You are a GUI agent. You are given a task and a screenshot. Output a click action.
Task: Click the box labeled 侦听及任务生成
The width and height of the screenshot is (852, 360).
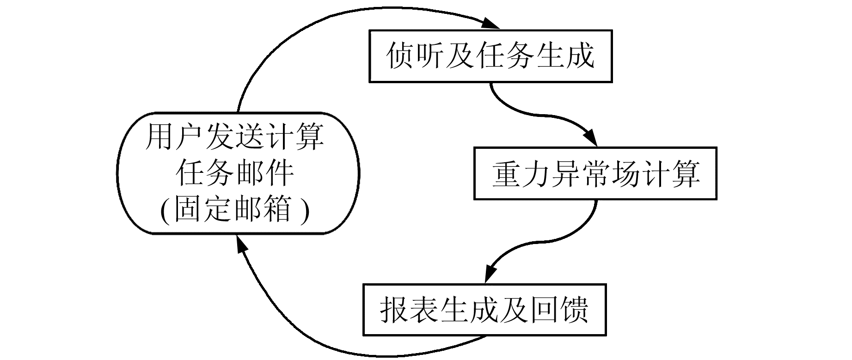point(490,56)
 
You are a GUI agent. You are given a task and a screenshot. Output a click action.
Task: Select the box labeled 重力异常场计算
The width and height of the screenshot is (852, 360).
point(595,173)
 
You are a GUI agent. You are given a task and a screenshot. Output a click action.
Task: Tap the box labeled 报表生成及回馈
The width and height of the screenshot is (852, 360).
point(484,309)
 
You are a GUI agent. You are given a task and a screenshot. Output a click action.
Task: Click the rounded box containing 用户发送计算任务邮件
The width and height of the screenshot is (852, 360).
point(238,173)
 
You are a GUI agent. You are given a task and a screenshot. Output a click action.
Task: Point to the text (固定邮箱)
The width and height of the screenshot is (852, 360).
point(234,209)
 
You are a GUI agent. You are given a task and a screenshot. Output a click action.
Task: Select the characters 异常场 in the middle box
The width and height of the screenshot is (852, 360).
point(595,174)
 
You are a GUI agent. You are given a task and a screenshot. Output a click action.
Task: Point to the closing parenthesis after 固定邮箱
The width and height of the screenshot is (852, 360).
point(304,210)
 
